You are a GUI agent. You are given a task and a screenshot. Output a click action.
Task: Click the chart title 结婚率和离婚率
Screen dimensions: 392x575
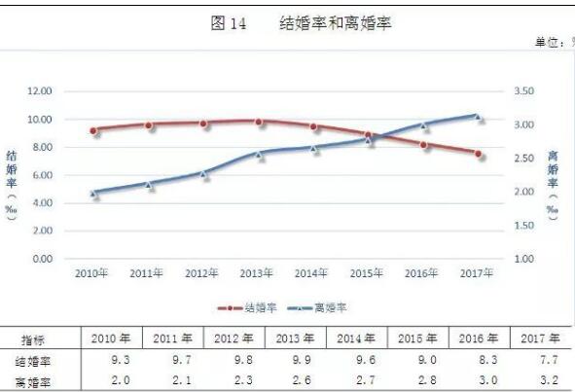(x=335, y=22)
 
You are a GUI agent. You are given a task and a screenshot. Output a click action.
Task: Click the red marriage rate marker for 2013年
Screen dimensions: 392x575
(x=259, y=122)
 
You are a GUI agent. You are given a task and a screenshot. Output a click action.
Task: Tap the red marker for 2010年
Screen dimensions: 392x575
(x=93, y=130)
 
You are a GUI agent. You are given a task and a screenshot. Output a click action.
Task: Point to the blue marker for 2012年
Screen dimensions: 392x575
(x=203, y=173)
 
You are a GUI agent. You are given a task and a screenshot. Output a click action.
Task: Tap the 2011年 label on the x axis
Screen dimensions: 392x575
(x=148, y=273)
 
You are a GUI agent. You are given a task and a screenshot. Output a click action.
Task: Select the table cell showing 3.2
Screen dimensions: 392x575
(x=541, y=382)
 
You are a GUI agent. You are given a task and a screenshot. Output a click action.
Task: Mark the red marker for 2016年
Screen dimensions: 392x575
(x=423, y=145)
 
